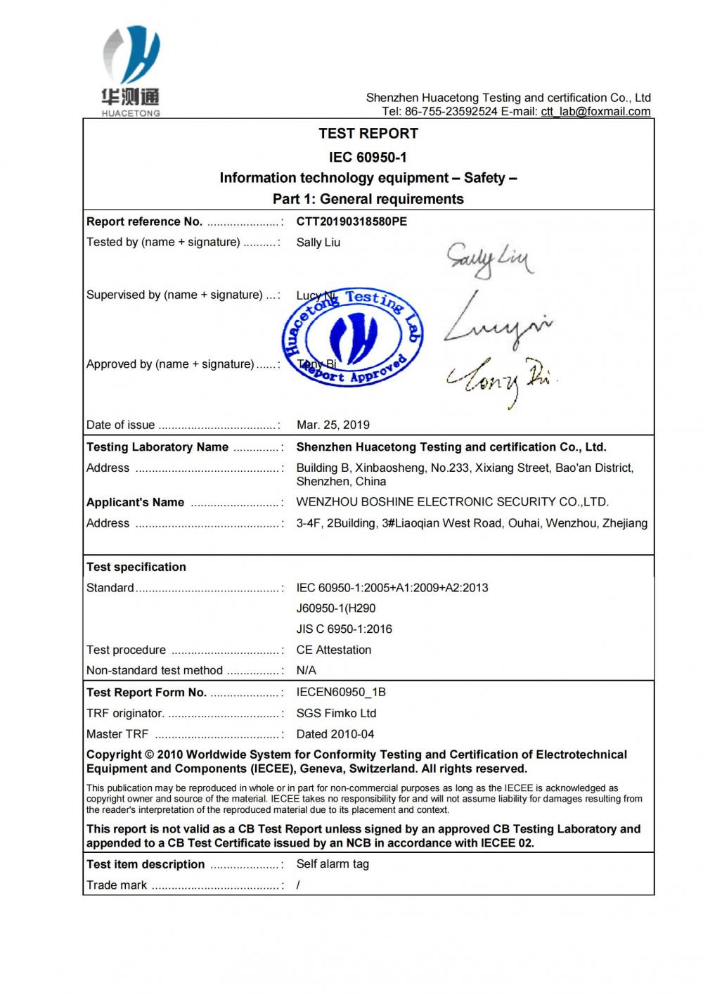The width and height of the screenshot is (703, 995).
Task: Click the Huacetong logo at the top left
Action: [131, 70]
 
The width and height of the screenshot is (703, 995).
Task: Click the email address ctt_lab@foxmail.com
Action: [595, 112]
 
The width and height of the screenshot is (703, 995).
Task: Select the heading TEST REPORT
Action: [368, 134]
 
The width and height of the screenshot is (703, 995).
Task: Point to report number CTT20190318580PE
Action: [351, 222]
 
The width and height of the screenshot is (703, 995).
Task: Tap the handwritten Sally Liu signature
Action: [489, 260]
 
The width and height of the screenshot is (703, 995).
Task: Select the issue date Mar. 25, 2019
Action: [333, 425]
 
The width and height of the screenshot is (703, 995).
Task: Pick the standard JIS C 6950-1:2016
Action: [344, 629]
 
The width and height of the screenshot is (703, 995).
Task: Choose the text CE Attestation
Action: [334, 650]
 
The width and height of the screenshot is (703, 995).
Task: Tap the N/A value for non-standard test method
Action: [307, 671]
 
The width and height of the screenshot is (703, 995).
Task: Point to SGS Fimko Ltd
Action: [336, 713]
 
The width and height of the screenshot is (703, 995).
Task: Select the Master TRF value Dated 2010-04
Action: [335, 734]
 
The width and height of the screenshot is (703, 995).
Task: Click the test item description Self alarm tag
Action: [333, 864]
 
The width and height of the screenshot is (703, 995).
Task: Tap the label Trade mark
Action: [117, 885]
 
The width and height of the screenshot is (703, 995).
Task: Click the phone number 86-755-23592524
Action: [451, 112]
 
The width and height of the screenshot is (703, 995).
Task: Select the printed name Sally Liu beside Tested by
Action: [318, 243]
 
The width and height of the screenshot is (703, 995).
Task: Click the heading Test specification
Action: [136, 567]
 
